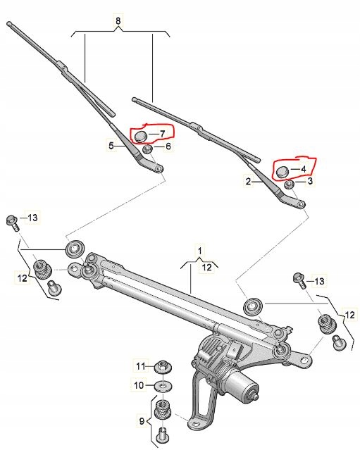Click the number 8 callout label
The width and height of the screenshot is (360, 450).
(118, 20)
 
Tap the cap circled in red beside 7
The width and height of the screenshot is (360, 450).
(141, 137)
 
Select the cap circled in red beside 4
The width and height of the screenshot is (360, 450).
(282, 172)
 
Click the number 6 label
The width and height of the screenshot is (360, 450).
(168, 146)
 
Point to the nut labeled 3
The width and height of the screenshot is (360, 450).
(289, 185)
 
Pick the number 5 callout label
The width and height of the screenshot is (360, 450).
(111, 146)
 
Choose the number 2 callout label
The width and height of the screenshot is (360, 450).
(248, 182)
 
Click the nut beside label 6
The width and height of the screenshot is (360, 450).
(147, 149)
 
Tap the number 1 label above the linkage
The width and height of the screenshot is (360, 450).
(200, 251)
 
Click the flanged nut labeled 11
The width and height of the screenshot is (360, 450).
(163, 367)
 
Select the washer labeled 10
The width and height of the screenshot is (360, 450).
(163, 386)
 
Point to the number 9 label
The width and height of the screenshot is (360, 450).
(142, 421)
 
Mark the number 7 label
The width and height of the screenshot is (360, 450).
(162, 134)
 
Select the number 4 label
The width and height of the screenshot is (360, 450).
(303, 169)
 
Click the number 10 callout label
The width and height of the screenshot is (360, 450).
(139, 385)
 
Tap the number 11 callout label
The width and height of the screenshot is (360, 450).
(141, 366)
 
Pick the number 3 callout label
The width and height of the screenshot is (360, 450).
(310, 181)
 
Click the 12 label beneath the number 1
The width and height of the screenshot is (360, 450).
(206, 268)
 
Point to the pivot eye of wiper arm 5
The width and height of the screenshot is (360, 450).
(159, 168)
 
